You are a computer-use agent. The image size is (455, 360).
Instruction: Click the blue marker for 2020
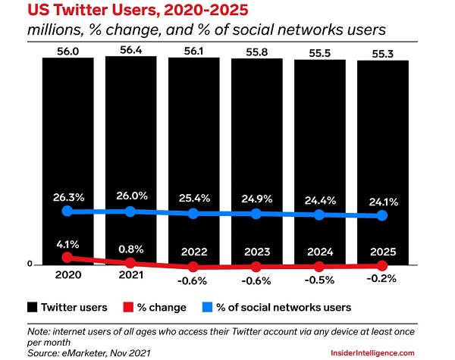pos(67,211)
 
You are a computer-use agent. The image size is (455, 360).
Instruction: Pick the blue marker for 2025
pos(382,216)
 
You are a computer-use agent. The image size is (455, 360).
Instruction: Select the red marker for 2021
pos(130,261)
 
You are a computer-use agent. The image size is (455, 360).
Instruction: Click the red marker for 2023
pos(256,267)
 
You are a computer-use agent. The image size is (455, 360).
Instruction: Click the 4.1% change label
pos(67,244)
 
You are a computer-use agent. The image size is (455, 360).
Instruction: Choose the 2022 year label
pos(193,253)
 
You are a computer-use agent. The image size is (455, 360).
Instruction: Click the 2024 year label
pos(319,253)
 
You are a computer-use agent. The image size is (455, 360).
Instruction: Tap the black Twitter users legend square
pos(31,308)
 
